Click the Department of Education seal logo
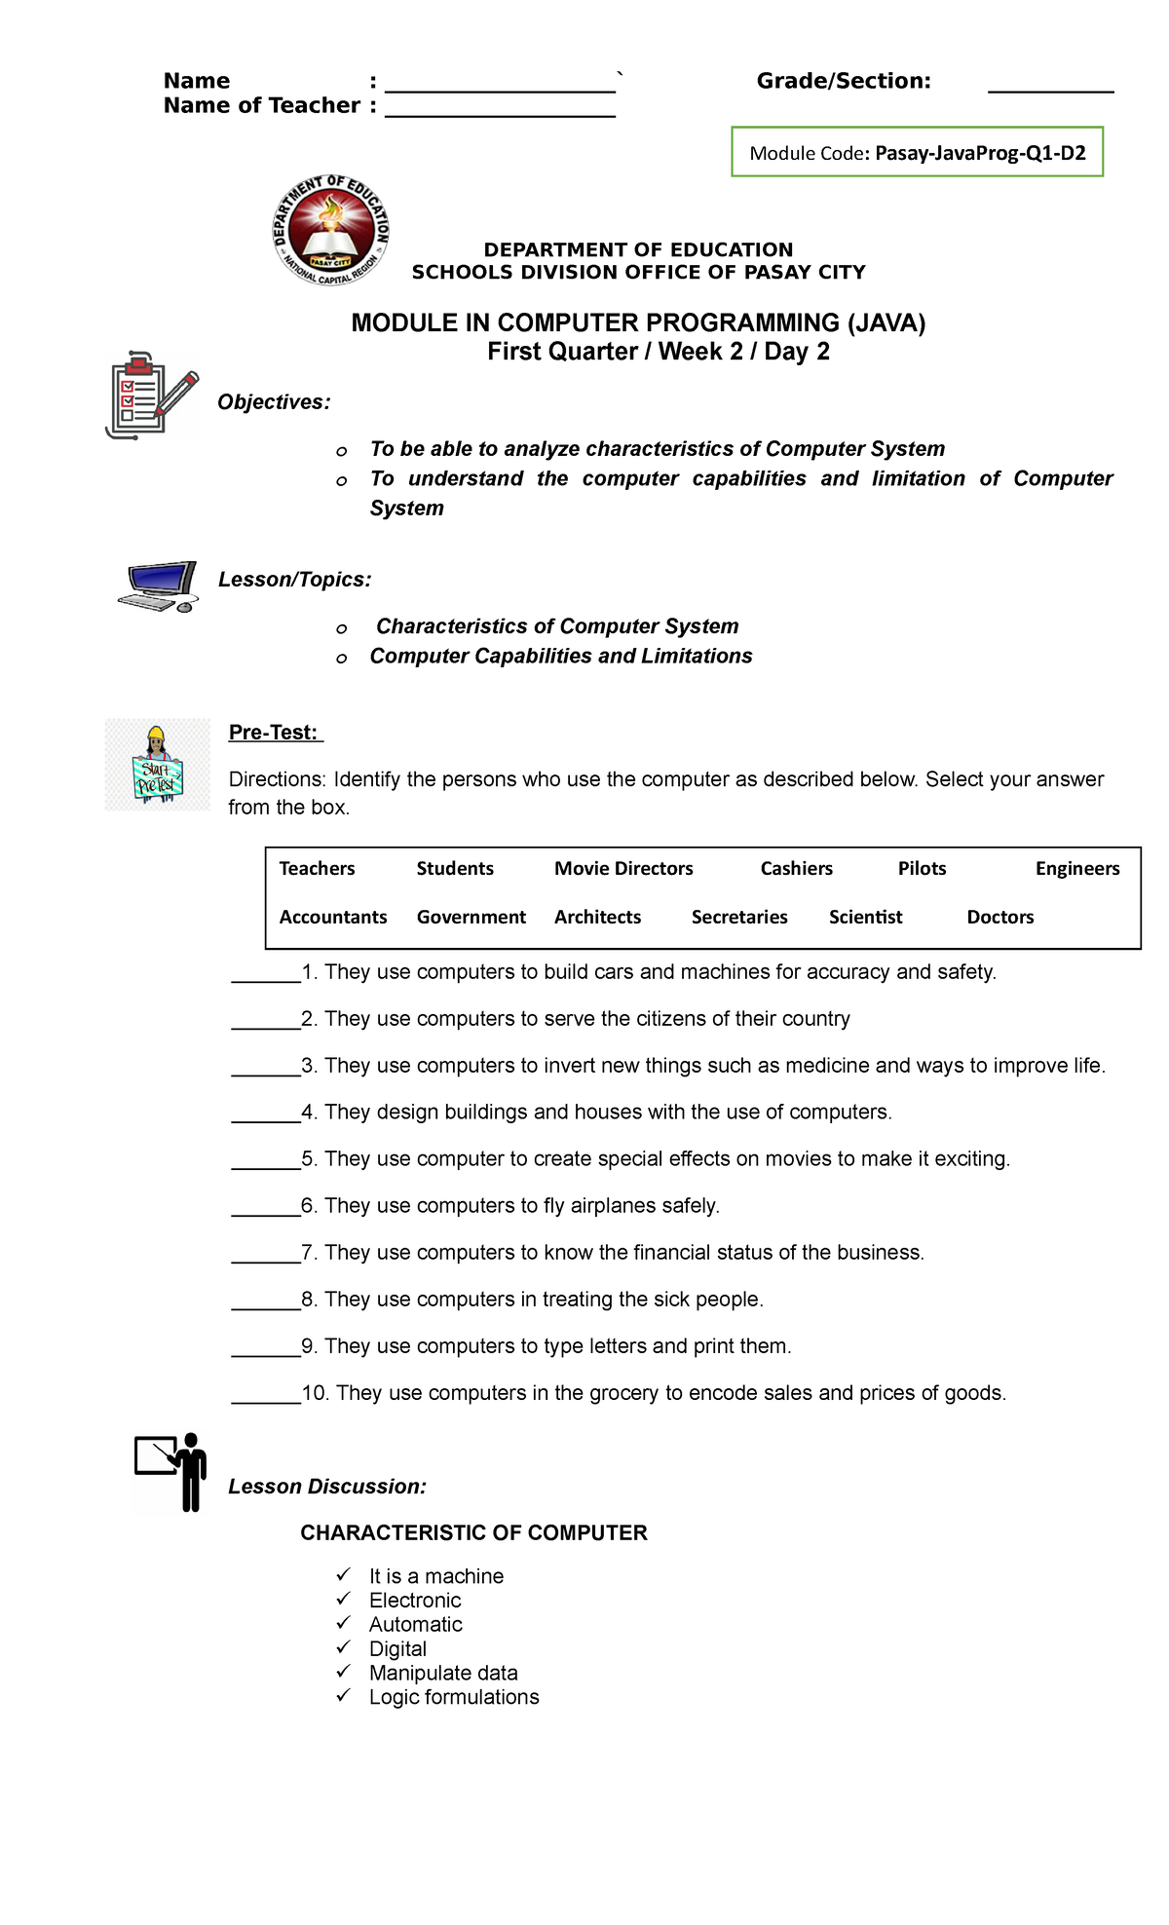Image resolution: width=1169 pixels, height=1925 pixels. click(331, 231)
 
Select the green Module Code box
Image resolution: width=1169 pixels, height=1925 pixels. click(917, 152)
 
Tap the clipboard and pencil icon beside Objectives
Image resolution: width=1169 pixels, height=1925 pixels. click(150, 396)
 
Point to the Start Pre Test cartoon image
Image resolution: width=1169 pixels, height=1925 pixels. click(157, 765)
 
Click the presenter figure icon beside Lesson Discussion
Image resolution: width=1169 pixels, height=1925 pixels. click(171, 1471)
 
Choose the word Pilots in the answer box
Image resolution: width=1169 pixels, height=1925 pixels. click(922, 868)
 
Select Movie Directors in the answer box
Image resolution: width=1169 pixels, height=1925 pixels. click(623, 868)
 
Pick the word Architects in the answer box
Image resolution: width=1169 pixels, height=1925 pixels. click(597, 917)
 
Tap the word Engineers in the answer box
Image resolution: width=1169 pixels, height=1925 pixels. click(1076, 868)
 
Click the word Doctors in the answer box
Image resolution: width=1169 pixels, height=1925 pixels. click(999, 917)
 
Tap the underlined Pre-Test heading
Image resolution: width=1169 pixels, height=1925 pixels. click(275, 733)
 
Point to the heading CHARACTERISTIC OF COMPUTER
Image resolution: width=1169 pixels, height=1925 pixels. click(473, 1532)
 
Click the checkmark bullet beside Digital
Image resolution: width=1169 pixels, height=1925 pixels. click(343, 1646)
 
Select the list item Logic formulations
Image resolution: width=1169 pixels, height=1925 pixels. click(453, 1697)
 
